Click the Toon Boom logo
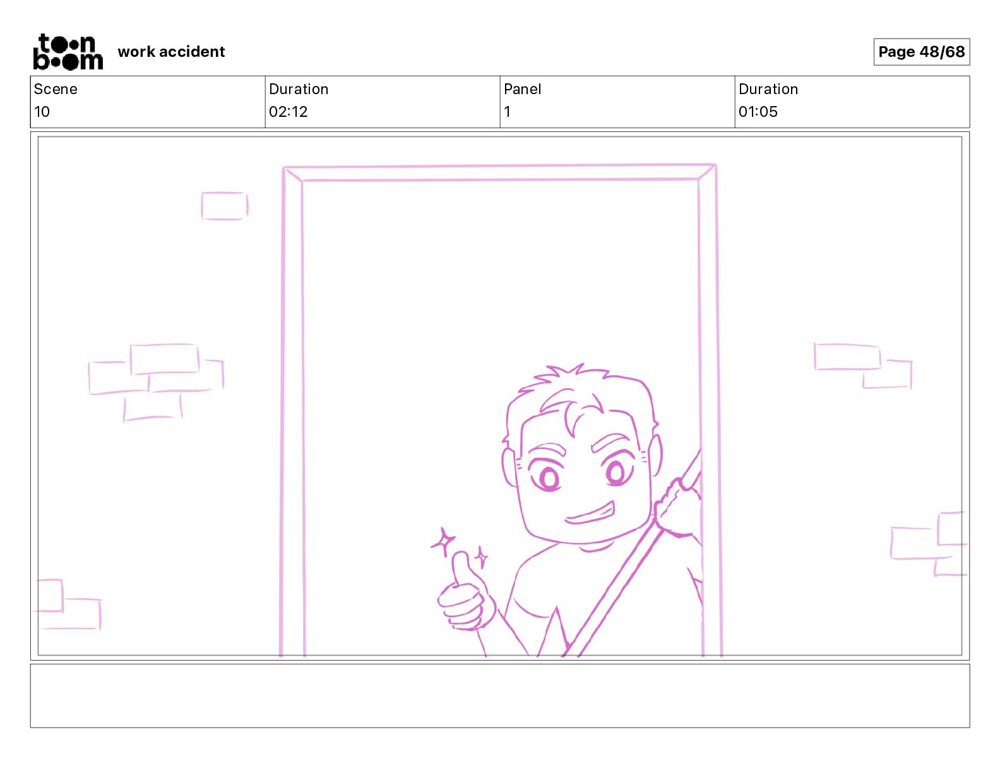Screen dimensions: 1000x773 [68, 52]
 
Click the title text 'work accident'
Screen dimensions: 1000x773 [171, 52]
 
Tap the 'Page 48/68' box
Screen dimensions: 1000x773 [921, 52]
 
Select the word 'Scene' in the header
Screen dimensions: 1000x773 [55, 89]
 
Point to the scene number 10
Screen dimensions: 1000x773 [42, 112]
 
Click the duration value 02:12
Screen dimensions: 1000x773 [288, 112]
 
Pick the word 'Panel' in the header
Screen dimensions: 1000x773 [522, 89]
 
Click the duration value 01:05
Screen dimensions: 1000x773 [758, 112]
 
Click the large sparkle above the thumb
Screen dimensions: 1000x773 [443, 541]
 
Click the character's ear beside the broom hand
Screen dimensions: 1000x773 [655, 456]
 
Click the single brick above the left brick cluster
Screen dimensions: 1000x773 [225, 206]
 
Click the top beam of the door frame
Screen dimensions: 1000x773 [500, 172]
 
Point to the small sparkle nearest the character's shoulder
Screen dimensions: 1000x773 [481, 557]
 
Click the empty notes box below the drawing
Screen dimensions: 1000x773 [500, 696]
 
